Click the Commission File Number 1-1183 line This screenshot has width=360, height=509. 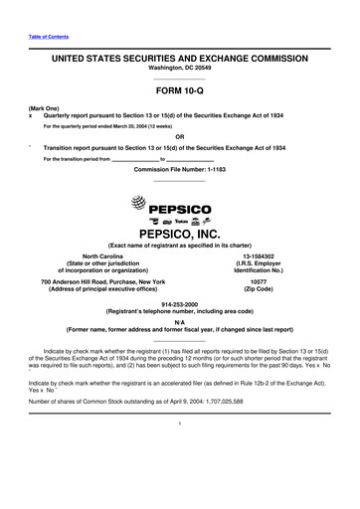(x=179, y=169)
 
